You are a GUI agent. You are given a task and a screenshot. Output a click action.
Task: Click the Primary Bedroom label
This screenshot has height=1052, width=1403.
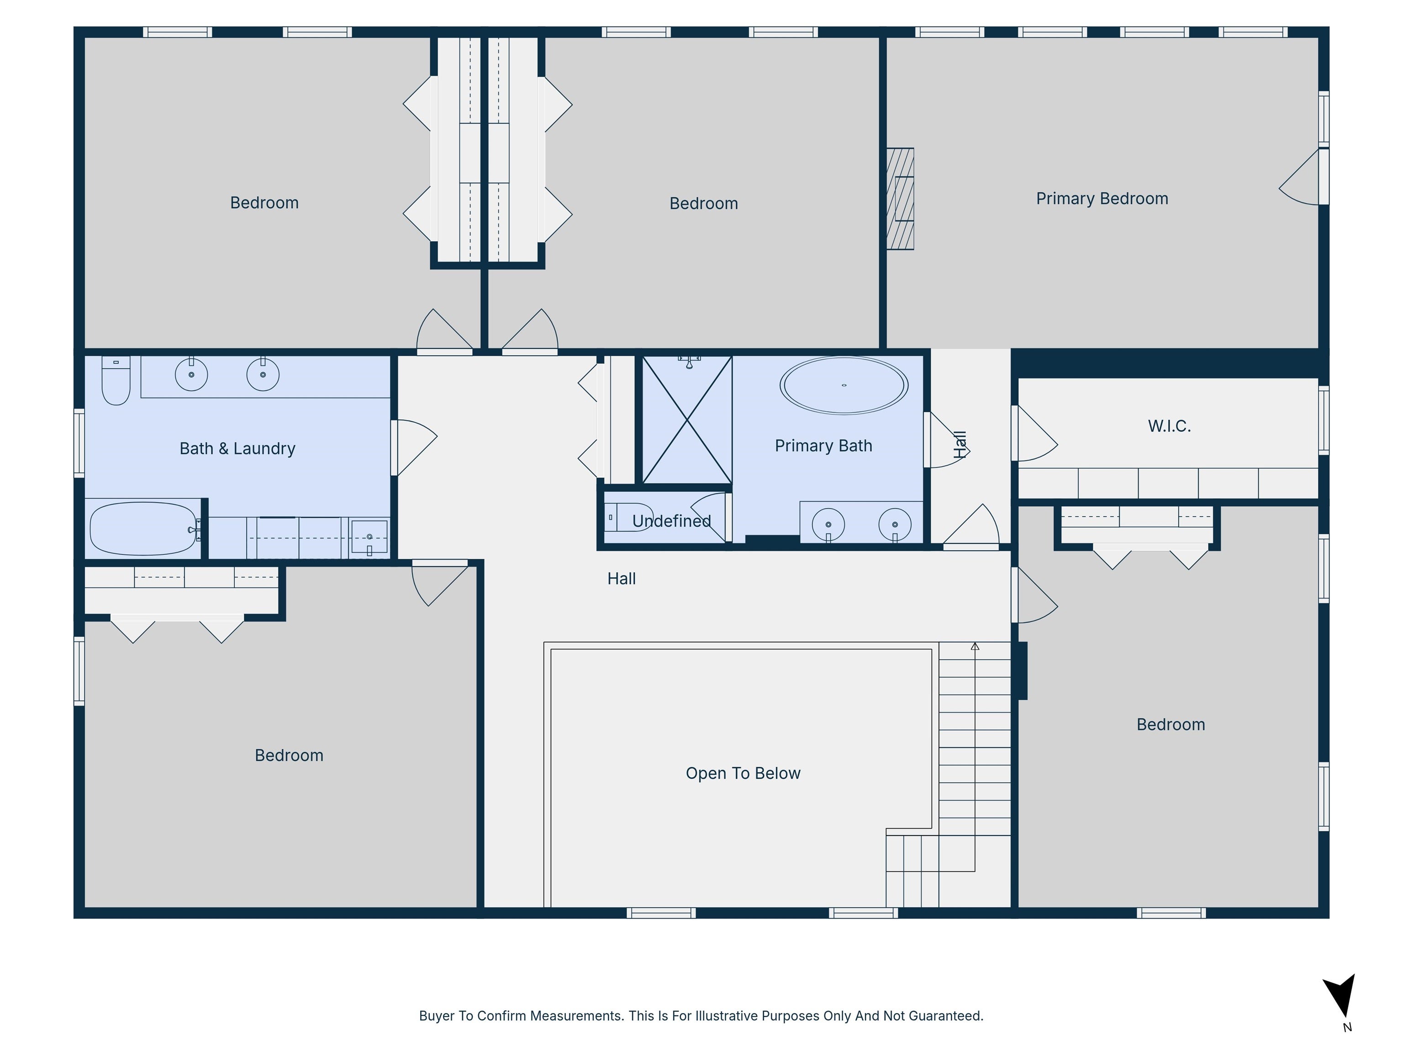pyautogui.click(x=1102, y=199)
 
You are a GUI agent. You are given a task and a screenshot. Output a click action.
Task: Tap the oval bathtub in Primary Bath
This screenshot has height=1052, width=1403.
pyautogui.click(x=844, y=385)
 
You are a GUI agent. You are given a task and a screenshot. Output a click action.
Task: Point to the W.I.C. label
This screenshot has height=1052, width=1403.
pyautogui.click(x=1169, y=426)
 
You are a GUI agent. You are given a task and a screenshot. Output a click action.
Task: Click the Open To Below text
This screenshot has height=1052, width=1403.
pyautogui.click(x=743, y=773)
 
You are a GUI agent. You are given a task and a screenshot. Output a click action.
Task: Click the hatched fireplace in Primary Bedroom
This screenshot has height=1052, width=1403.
pyautogui.click(x=900, y=199)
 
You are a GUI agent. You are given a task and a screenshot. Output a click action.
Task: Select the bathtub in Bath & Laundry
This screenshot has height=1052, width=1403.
pyautogui.click(x=143, y=529)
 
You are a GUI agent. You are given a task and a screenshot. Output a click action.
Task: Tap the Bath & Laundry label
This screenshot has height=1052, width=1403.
pyautogui.click(x=237, y=448)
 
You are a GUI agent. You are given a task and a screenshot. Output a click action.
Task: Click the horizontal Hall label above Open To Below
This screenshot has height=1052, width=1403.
pyautogui.click(x=621, y=579)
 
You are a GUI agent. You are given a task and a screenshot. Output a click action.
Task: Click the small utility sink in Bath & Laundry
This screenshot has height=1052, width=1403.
pyautogui.click(x=369, y=537)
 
